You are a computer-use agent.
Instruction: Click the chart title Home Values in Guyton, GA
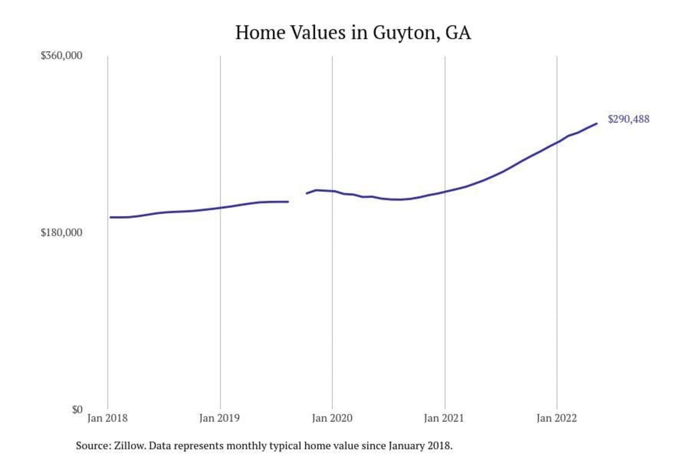(353, 33)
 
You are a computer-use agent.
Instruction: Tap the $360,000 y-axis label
(61, 56)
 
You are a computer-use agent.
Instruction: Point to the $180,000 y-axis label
(61, 233)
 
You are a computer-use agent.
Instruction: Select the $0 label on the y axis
(77, 410)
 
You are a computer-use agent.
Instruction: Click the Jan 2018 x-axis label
(107, 418)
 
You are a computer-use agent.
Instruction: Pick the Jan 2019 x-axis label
(219, 418)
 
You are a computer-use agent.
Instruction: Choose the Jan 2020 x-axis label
(332, 418)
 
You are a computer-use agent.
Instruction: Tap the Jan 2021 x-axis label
(444, 418)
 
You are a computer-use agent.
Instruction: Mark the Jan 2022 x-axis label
(556, 418)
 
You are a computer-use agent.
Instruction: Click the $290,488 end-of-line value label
(629, 119)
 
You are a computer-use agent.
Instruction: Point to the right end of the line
(597, 124)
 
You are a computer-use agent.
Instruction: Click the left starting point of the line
(111, 217)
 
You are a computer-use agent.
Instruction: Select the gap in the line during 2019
(297, 197)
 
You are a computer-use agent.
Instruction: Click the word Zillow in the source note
(129, 446)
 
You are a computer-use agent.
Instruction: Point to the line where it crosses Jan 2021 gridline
(445, 192)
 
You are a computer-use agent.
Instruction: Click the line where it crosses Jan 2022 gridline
(557, 142)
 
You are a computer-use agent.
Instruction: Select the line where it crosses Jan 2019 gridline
(220, 207)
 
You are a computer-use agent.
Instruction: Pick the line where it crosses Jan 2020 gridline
(333, 191)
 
